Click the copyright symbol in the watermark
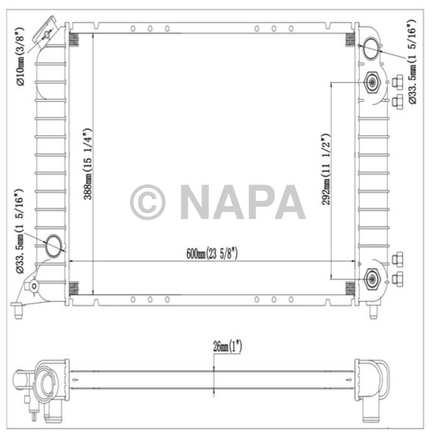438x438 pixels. pyautogui.click(x=148, y=201)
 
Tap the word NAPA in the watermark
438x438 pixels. pyautogui.click(x=243, y=201)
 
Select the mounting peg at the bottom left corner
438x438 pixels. pyautogui.click(x=18, y=308)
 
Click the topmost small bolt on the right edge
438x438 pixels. pyautogui.click(x=398, y=81)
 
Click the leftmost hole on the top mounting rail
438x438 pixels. pyautogui.click(x=133, y=28)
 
